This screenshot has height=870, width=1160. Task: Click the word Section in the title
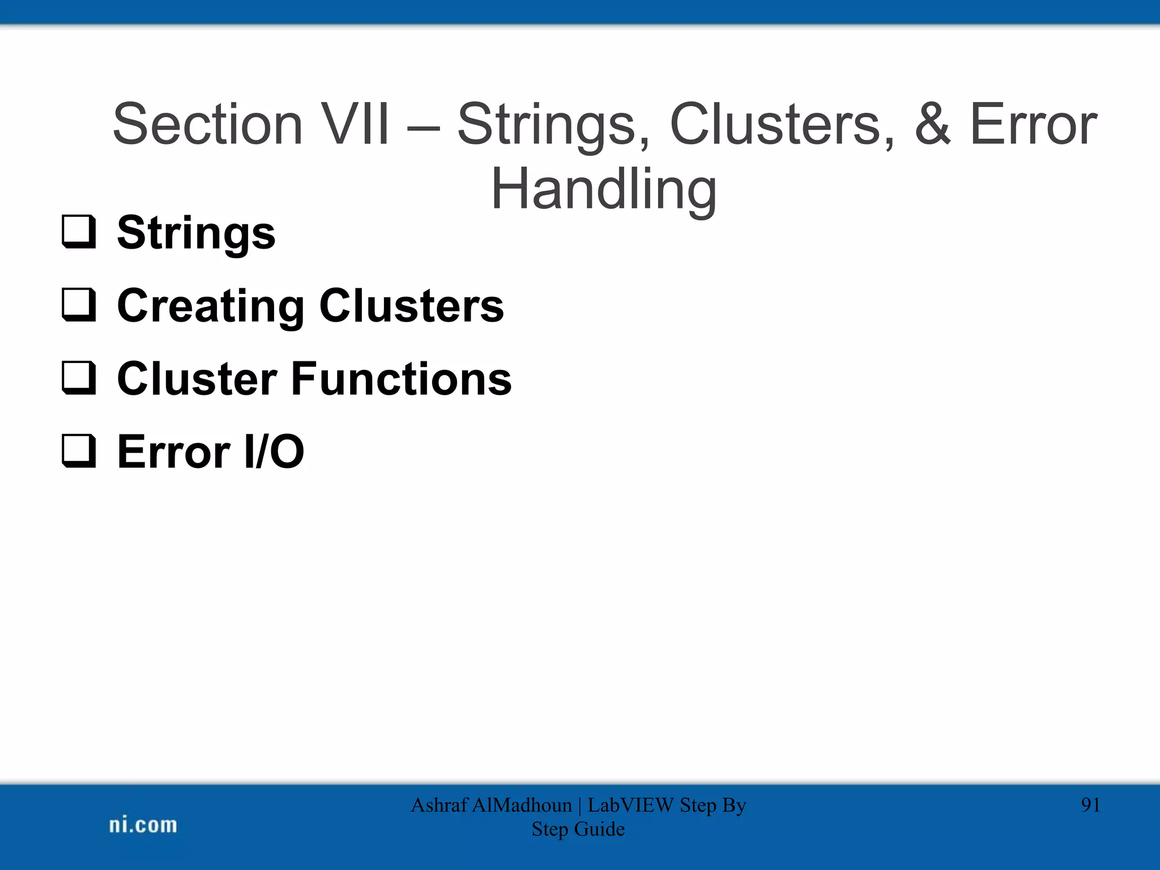click(x=207, y=124)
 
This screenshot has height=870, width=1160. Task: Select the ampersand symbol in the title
click(x=932, y=124)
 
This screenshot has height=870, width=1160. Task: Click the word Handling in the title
click(x=603, y=190)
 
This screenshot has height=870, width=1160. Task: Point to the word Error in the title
click(x=1033, y=124)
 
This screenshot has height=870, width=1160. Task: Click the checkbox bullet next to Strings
click(x=79, y=232)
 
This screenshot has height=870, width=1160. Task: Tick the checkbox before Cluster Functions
click(x=79, y=378)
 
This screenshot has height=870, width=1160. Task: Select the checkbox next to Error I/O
click(x=79, y=451)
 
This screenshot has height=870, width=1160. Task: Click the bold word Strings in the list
click(x=196, y=233)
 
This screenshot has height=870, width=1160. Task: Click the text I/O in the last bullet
click(x=274, y=451)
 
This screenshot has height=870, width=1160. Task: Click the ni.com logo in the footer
click(x=143, y=825)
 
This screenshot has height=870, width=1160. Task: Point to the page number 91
click(x=1090, y=805)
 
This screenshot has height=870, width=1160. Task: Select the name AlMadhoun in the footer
click(x=521, y=805)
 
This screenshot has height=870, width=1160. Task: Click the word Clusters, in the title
click(x=782, y=124)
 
